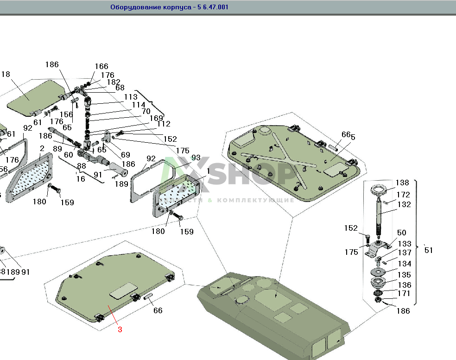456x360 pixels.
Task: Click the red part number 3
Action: (x=120, y=330)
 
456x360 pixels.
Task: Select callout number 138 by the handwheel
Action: (x=402, y=183)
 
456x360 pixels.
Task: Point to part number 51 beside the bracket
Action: (x=429, y=250)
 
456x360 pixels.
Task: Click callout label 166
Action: (x=101, y=67)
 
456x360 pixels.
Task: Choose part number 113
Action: (x=131, y=97)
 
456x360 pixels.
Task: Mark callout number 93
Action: (x=196, y=158)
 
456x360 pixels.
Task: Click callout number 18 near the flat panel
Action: (x=6, y=75)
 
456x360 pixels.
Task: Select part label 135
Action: (x=404, y=275)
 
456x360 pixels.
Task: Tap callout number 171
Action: (x=404, y=293)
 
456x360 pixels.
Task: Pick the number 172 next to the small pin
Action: (x=403, y=195)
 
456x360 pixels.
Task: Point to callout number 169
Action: (x=156, y=118)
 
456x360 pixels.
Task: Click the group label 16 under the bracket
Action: (x=81, y=179)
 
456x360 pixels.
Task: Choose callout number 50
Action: (x=401, y=233)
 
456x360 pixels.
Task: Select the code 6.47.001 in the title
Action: (x=211, y=7)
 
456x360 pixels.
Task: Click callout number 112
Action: (x=164, y=124)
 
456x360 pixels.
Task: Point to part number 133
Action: (x=404, y=244)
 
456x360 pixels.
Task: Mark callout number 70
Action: (x=146, y=112)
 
